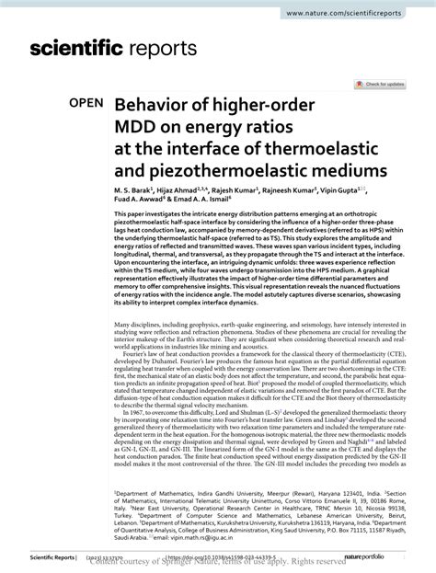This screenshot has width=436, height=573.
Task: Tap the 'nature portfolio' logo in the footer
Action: click(384, 557)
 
